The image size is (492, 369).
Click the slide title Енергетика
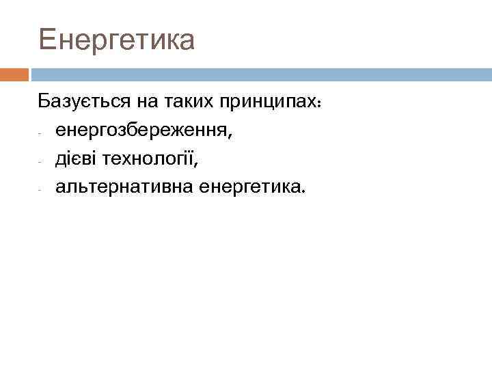[117, 40]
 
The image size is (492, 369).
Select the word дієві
[77, 158]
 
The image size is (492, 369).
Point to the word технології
[148, 158]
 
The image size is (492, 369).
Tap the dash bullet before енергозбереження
[41, 133]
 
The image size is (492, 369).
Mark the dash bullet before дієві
[41, 161]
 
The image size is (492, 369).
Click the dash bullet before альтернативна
[41, 189]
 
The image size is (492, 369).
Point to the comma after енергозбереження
[230, 137]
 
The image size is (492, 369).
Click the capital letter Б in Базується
[44, 102]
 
